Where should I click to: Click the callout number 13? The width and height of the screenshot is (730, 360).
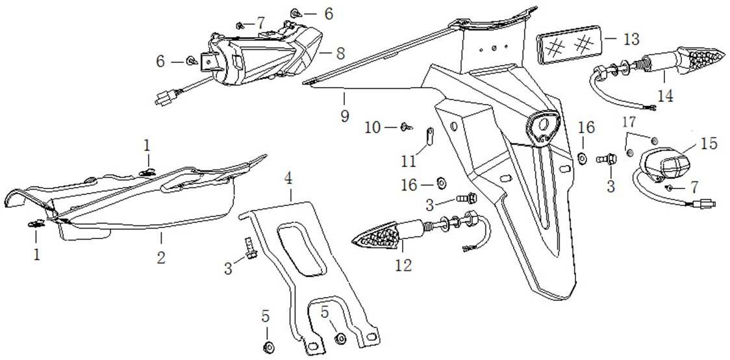coord(631,38)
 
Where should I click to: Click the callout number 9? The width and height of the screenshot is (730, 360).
coord(344,116)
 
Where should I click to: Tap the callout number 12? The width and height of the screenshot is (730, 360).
coord(403,265)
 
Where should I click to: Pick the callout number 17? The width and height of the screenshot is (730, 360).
coord(629,122)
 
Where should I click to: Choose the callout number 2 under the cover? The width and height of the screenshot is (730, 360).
coord(161,257)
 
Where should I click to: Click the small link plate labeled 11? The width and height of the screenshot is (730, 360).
coord(429,136)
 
